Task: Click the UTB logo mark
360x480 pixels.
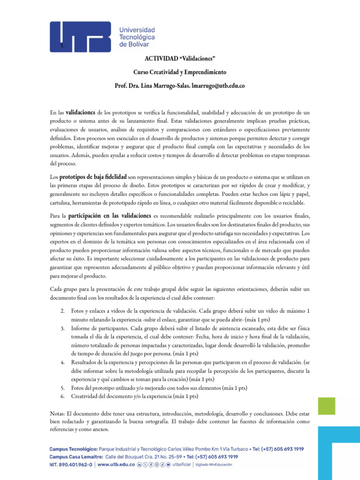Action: [x=80, y=37]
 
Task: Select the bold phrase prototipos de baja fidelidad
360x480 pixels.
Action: [x=93, y=177]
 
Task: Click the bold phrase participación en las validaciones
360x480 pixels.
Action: [x=111, y=216]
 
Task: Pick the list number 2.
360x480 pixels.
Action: [x=62, y=311]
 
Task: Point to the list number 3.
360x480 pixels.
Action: [x=62, y=328]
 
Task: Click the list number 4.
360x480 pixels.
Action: [x=62, y=362]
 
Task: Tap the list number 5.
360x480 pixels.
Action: [x=62, y=388]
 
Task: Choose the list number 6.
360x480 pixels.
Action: [x=62, y=396]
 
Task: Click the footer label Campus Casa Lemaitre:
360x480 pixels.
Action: [x=76, y=457]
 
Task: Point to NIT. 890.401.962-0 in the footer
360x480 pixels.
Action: [x=71, y=465]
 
